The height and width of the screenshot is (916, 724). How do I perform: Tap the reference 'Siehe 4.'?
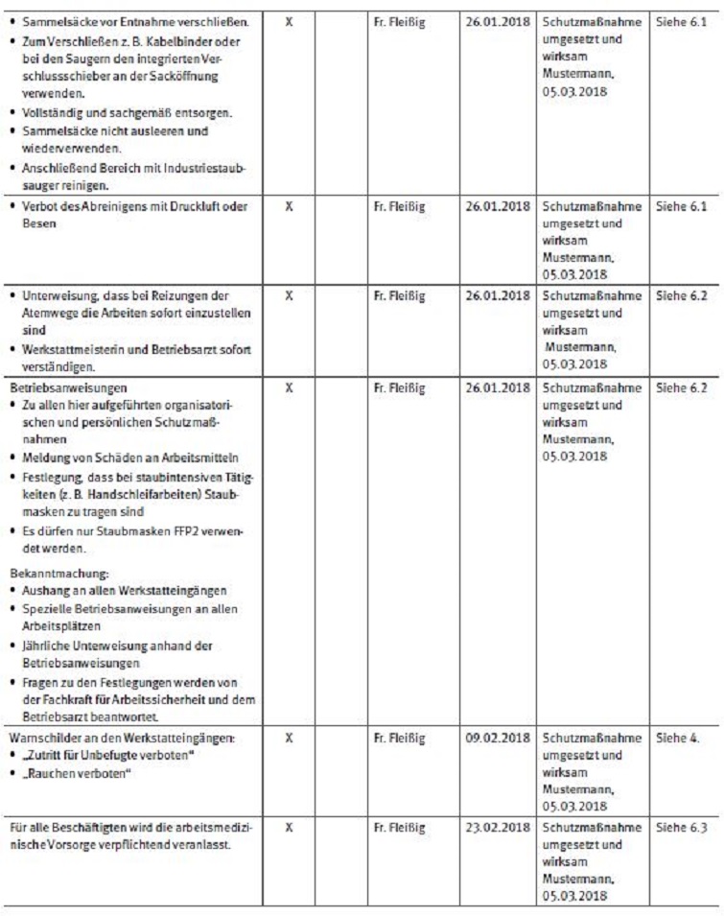pos(678,740)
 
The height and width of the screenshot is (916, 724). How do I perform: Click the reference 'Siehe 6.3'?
pos(682,826)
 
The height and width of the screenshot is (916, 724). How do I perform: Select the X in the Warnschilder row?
pos(289,740)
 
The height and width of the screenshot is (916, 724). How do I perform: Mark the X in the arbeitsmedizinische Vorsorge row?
pos(289,826)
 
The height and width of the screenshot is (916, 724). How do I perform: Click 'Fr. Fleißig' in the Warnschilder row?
pos(399,740)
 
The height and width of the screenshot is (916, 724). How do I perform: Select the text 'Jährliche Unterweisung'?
pos(82,645)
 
